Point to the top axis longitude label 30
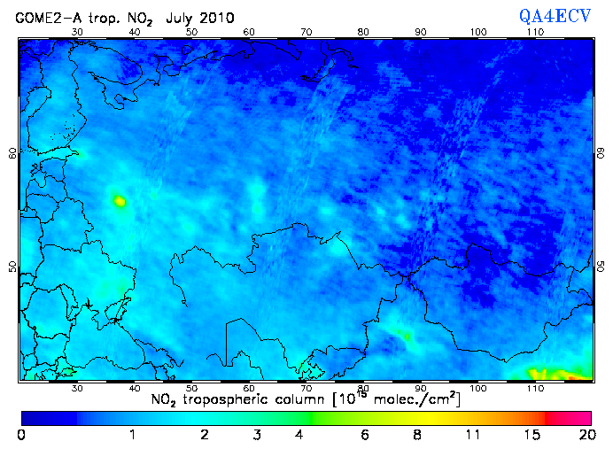[77, 32]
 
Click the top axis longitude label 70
[306, 32]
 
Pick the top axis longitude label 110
[535, 32]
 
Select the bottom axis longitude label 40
[135, 388]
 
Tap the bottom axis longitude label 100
[478, 388]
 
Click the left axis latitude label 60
[12, 152]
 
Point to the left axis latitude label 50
[12, 267]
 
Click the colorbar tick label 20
[586, 436]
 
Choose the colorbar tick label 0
[21, 436]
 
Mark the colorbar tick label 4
[300, 436]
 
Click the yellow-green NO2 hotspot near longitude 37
[120, 201]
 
